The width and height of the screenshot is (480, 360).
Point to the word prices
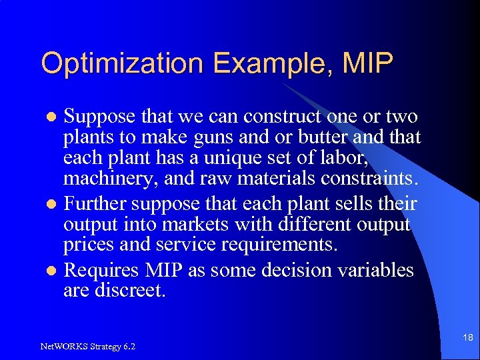[88, 245]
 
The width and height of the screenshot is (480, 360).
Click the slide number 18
[468, 338]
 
